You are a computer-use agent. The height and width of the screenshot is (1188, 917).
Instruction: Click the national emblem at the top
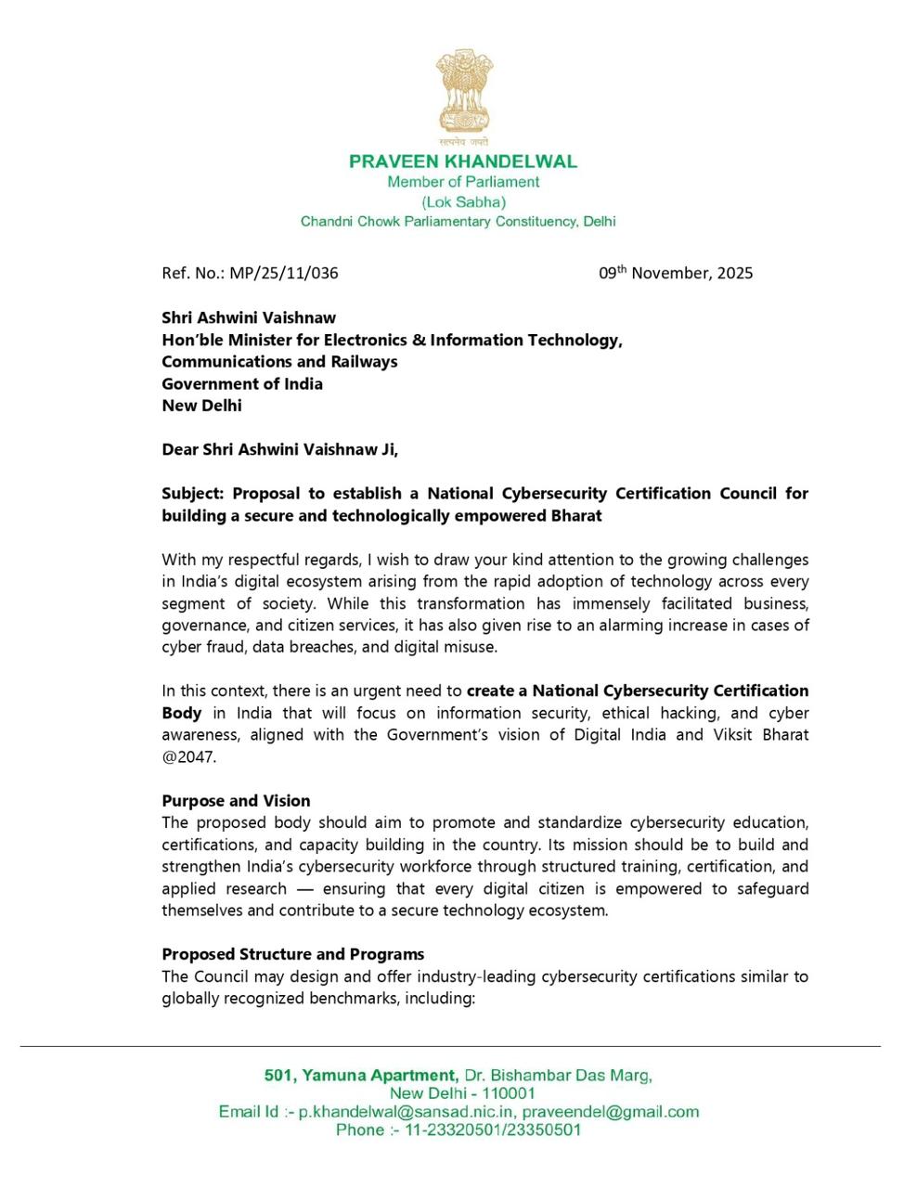[x=464, y=97]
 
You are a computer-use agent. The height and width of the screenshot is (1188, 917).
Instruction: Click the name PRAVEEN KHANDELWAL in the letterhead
[x=463, y=161]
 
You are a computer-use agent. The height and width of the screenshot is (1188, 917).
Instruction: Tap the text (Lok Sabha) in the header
[x=463, y=201]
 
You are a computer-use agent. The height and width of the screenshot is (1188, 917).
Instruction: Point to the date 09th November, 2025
[x=676, y=273]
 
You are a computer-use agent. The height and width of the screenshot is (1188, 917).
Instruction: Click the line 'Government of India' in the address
[x=242, y=383]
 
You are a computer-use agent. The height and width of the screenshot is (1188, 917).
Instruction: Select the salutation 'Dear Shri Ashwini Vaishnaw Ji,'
[x=279, y=449]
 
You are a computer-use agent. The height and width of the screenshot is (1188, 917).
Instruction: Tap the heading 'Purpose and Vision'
[x=236, y=800]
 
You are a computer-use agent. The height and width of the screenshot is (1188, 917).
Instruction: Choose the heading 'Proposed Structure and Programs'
[x=292, y=954]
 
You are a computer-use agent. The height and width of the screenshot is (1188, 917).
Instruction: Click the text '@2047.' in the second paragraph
[x=188, y=756]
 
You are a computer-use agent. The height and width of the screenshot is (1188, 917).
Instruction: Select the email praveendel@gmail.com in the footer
[x=610, y=1112]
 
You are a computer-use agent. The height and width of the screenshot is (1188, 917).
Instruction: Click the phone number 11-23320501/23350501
[x=493, y=1130]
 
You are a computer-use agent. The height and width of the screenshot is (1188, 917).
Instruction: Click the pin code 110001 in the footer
[x=508, y=1093]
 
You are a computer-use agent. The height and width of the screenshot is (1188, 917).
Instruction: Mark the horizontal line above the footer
[x=450, y=1047]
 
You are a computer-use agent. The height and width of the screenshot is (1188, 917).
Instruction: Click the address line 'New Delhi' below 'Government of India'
[x=201, y=406]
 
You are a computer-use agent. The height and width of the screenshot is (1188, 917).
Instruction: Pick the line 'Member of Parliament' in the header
[x=463, y=182]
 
